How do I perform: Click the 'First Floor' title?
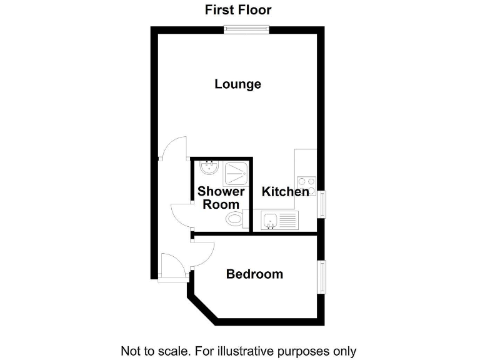pos(238,10)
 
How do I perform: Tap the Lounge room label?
pos(237,84)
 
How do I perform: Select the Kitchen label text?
pos(285,192)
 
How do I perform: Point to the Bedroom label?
pos(254,274)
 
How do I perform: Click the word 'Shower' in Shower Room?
pos(221,192)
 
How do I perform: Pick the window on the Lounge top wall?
pos(247,29)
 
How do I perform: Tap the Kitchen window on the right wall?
pos(322,204)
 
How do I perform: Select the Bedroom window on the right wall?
pos(322,277)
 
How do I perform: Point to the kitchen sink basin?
pos(271,219)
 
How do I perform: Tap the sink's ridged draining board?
pos(289,219)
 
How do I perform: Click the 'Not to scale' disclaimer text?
pos(238,351)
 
